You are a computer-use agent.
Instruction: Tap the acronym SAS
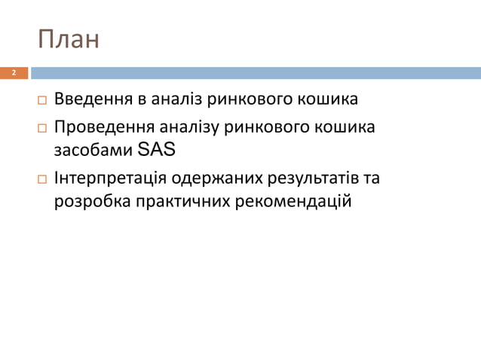157,150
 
